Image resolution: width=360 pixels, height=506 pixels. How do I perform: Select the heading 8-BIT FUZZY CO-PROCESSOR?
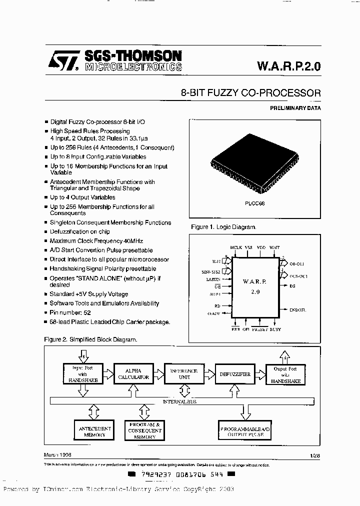click(250, 93)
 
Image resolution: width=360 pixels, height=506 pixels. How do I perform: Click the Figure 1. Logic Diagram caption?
click(223, 227)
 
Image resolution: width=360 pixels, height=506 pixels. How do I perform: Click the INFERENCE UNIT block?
click(184, 374)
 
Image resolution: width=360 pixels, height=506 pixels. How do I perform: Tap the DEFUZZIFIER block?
click(235, 374)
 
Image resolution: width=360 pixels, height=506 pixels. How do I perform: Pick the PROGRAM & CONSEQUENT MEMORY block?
click(145, 430)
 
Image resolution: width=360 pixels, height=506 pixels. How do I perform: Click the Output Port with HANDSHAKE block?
click(285, 374)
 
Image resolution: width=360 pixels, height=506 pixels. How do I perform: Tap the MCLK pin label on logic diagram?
click(235, 247)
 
